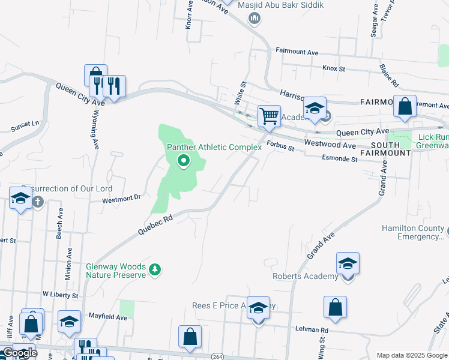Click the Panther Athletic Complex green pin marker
pyautogui.click(x=184, y=161)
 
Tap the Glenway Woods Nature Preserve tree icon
pyautogui.click(x=155, y=269)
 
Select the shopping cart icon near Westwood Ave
pyautogui.click(x=269, y=116)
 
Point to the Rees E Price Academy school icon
pyautogui.click(x=258, y=308)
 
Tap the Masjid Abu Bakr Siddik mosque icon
pyautogui.click(x=255, y=18)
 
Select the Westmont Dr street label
pyautogui.click(x=121, y=199)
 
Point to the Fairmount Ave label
pyautogui.click(x=297, y=52)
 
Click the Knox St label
pyautogui.click(x=334, y=69)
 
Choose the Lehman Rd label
pyautogui.click(x=312, y=329)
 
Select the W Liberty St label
pyautogui.click(x=60, y=295)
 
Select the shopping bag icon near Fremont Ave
pyautogui.click(x=405, y=106)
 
